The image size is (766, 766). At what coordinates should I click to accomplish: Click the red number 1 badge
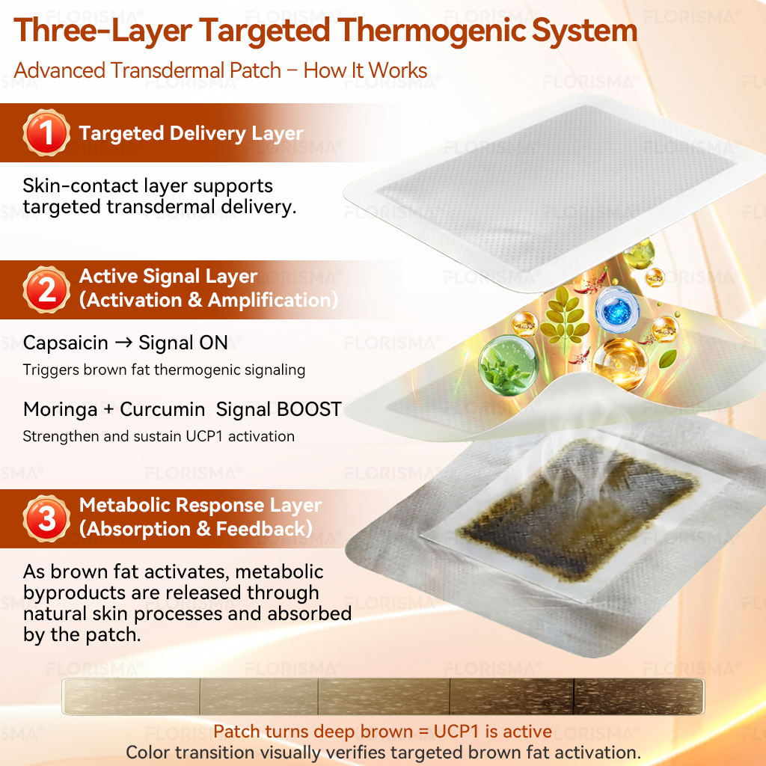point(46,132)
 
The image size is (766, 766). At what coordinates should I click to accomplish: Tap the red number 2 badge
point(46,289)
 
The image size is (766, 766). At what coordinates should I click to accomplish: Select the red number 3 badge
point(46,518)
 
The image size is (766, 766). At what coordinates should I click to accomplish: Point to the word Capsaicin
point(66,343)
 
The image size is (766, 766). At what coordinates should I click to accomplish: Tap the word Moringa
point(60,410)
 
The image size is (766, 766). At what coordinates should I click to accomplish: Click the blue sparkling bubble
point(617,309)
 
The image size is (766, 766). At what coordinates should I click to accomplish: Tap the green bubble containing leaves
point(508,365)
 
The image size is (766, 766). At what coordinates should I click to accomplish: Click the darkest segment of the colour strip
point(639,696)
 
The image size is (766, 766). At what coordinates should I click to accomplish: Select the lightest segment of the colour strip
point(131,696)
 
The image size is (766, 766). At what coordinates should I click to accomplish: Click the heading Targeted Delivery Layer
point(191,133)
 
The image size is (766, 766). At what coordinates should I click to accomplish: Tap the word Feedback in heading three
point(264,529)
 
